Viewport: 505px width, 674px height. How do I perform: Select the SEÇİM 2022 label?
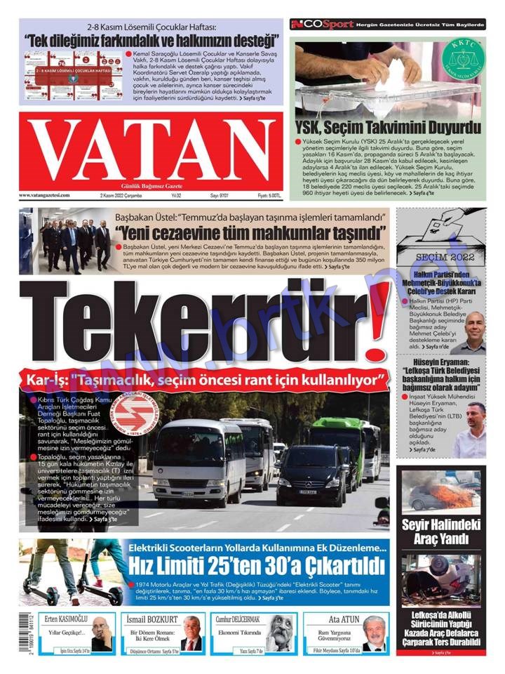(x=441, y=258)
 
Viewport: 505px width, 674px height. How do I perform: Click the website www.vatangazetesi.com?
(x=44, y=195)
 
